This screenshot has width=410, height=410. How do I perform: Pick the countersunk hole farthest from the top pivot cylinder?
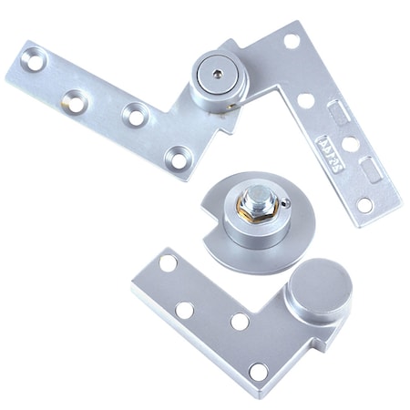tap(33, 64)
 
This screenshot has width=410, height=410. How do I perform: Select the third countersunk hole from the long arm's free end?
tap(134, 116)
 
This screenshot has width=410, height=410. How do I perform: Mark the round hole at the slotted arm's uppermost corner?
tap(292, 40)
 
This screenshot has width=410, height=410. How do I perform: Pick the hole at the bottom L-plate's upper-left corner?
tap(168, 263)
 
